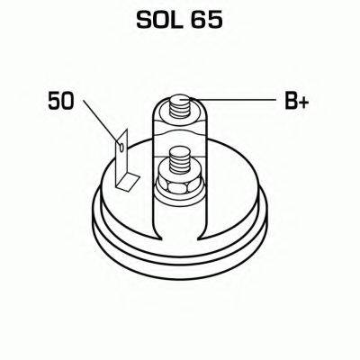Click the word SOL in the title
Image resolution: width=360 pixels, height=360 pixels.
(x=158, y=21)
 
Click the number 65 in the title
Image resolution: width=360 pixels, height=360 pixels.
(x=206, y=21)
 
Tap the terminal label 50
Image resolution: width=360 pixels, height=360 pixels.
(x=60, y=101)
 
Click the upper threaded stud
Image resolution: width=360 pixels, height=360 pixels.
(x=180, y=107)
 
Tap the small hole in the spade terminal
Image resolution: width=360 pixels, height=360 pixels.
(x=121, y=147)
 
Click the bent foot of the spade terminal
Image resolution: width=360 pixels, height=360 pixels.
(x=128, y=182)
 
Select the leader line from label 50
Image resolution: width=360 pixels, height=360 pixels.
(x=102, y=121)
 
